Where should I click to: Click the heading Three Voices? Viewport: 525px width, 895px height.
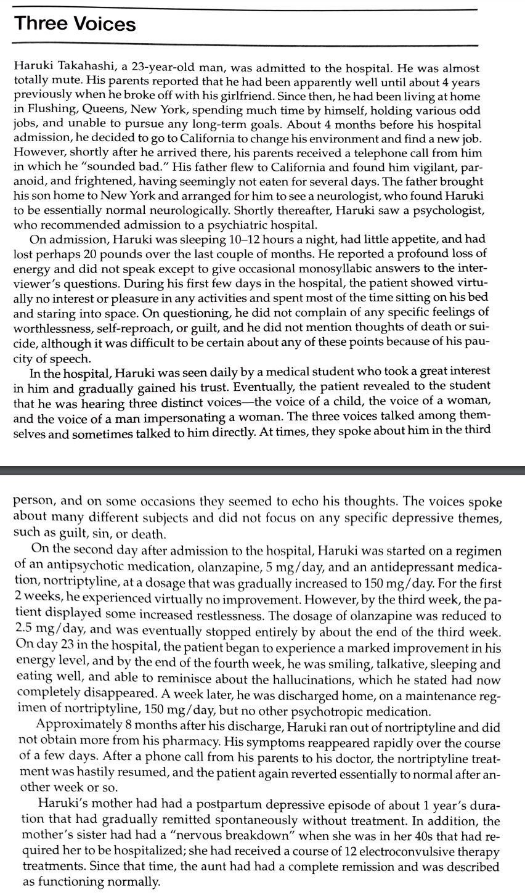75,25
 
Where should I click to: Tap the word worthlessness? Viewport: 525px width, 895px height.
53,329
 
